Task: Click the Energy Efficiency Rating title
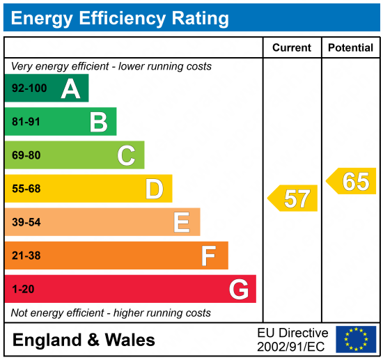pyautogui.click(x=120, y=17)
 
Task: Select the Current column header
pyautogui.click(x=291, y=47)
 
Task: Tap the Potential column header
pyautogui.click(x=351, y=47)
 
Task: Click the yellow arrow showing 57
pyautogui.click(x=293, y=198)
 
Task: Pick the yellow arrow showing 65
pyautogui.click(x=352, y=181)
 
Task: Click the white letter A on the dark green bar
pyautogui.click(x=70, y=88)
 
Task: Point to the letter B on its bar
pyautogui.click(x=98, y=123)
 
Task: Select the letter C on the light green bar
pyautogui.click(x=126, y=155)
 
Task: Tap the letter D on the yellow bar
pyautogui.click(x=154, y=189)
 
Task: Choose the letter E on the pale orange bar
pyautogui.click(x=181, y=223)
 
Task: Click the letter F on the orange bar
pyautogui.click(x=208, y=256)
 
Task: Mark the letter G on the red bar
pyautogui.click(x=238, y=289)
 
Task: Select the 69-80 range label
pyautogui.click(x=26, y=155)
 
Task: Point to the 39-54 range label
pyautogui.click(x=26, y=223)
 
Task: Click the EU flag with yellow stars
pyautogui.click(x=356, y=339)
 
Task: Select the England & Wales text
pyautogui.click(x=84, y=341)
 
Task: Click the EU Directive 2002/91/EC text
pyautogui.click(x=292, y=339)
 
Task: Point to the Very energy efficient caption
pyautogui.click(x=111, y=67)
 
